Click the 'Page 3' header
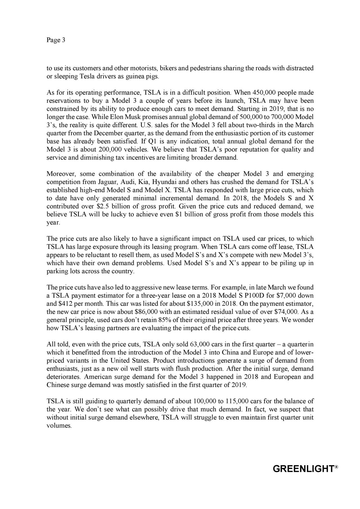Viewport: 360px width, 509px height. click(x=56, y=40)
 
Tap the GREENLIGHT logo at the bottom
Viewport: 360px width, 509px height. click(x=305, y=469)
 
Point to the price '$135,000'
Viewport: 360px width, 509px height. click(x=200, y=304)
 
